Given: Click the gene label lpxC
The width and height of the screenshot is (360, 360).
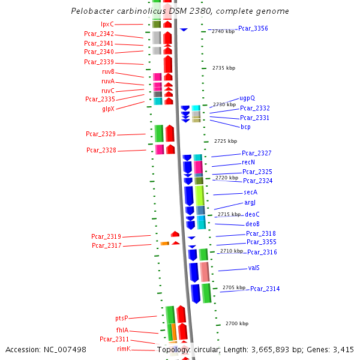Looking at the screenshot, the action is click(x=107, y=24).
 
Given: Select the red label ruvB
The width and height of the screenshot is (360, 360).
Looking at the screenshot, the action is click(x=108, y=71).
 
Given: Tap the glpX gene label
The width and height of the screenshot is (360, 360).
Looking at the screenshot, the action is click(x=108, y=109).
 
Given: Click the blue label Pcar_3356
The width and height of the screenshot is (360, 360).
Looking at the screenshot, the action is click(x=253, y=28).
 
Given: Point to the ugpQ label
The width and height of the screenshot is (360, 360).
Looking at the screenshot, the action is click(x=247, y=98).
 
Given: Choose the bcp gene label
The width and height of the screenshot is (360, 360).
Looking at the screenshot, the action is click(x=245, y=127).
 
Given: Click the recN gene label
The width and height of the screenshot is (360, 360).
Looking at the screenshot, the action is click(x=248, y=162).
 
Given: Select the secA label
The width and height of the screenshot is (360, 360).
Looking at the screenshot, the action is click(x=250, y=192).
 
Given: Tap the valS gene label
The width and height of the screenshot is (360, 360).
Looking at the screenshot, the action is click(x=254, y=268).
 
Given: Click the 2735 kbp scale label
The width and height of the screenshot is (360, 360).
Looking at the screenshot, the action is click(x=224, y=68).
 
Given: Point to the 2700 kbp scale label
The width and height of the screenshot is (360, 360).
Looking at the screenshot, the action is click(x=237, y=323).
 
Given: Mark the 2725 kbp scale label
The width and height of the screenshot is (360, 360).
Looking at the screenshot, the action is click(x=226, y=141).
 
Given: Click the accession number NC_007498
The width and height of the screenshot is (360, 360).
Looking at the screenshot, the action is click(x=65, y=350).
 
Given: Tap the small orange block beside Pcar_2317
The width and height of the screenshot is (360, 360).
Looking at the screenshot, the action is click(x=164, y=244).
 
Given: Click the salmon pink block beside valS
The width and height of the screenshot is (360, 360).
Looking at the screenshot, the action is click(x=205, y=272).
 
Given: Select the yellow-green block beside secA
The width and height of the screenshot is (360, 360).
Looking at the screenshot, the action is click(x=200, y=196).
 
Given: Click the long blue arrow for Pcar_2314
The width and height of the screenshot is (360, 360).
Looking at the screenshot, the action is click(x=196, y=294).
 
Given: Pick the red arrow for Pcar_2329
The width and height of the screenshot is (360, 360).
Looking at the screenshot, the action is click(x=170, y=133).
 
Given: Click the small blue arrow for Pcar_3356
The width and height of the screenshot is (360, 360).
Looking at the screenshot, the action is click(x=184, y=29).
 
